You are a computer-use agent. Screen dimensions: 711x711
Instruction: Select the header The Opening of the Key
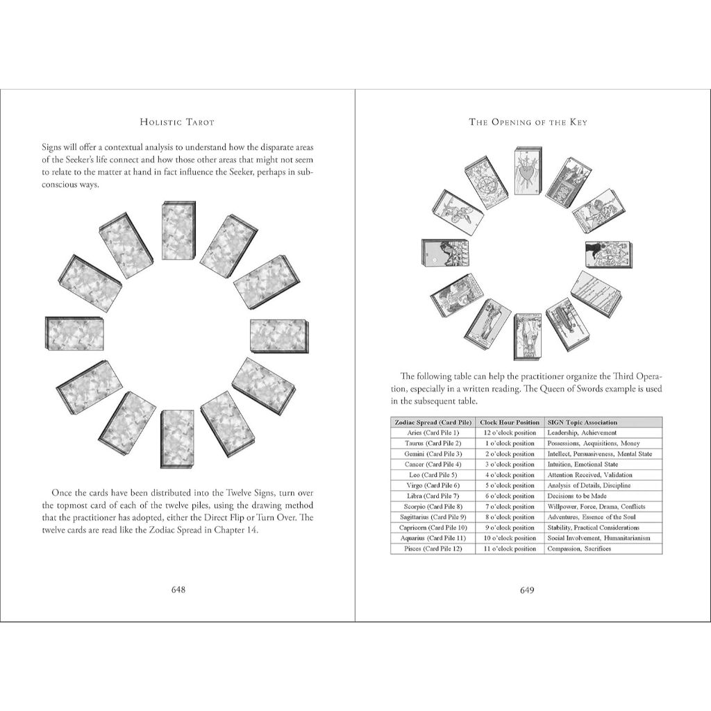528,122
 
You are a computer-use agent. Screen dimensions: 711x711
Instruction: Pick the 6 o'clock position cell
510,496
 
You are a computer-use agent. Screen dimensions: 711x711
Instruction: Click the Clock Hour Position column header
510,422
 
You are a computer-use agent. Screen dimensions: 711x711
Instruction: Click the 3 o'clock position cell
510,464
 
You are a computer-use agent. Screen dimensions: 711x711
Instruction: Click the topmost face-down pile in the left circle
178,231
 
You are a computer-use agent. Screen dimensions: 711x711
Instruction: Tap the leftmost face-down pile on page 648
74,334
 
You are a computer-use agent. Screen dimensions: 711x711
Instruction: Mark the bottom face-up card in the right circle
528,336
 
